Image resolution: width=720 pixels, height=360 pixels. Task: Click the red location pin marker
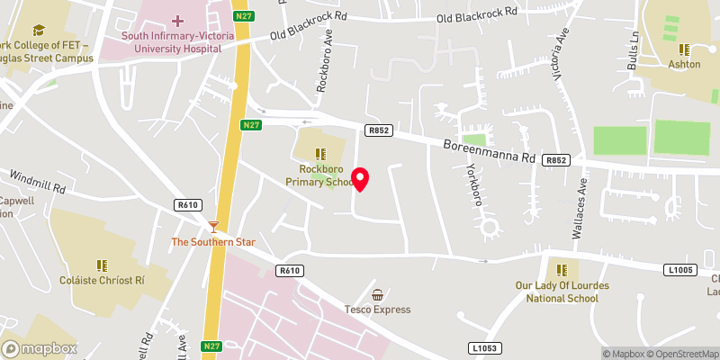point(362,179)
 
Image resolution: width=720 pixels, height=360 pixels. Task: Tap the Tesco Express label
point(378,310)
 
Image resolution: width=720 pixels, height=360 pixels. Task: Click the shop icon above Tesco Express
point(378,294)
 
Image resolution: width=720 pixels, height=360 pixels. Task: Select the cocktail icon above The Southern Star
point(213,226)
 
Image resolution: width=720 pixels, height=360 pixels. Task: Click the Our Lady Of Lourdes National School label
point(556,292)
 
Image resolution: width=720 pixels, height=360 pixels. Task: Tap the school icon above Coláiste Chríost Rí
point(102,265)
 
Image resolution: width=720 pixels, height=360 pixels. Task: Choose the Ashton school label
point(684,65)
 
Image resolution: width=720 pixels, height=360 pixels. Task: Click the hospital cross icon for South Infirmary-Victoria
point(177,20)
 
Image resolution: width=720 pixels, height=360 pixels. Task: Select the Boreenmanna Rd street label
point(490,150)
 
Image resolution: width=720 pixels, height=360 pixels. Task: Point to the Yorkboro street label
point(471,184)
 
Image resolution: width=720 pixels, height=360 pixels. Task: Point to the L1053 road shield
point(484,347)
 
